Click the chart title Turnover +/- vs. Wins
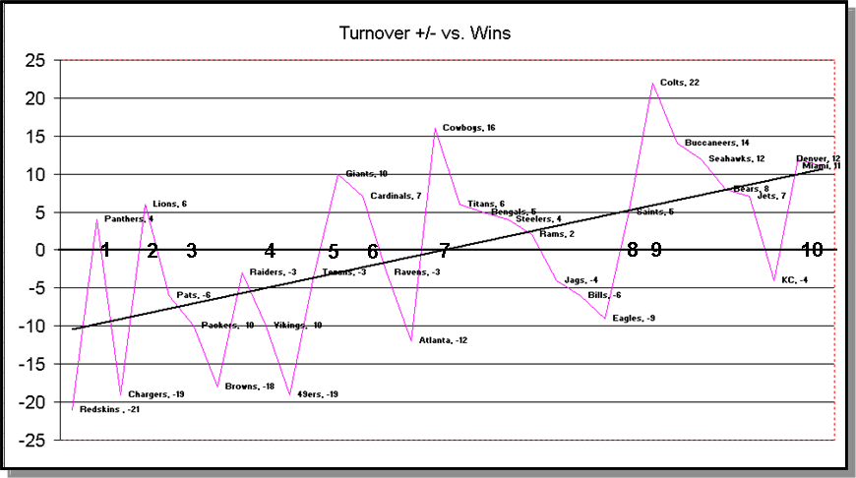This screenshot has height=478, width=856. [425, 33]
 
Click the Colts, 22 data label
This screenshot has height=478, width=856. [680, 83]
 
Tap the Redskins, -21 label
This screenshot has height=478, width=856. [109, 409]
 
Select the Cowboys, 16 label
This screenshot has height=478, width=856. [468, 128]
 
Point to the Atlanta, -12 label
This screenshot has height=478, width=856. [443, 340]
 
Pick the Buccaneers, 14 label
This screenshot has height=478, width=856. [716, 143]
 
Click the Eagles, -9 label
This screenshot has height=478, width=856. [634, 318]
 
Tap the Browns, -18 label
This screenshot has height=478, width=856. [249, 386]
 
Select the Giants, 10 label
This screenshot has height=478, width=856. [366, 173]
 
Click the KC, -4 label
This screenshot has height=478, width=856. [795, 280]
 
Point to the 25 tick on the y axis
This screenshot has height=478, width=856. [35, 61]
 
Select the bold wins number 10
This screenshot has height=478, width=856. [811, 250]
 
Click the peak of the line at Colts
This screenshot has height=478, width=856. [652, 84]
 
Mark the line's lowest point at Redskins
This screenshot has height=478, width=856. [72, 408]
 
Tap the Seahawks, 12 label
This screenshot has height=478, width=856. [736, 158]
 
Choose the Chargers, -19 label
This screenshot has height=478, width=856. [155, 394]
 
